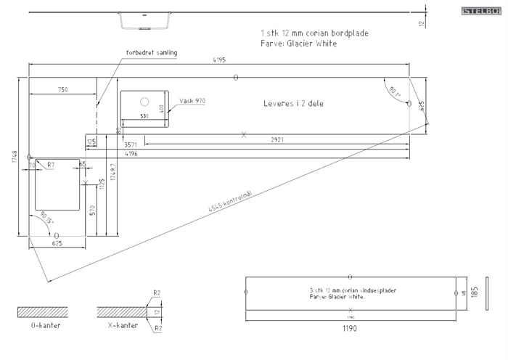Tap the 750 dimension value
click(x=62, y=89)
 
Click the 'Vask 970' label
click(x=192, y=101)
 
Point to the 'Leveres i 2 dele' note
click(x=293, y=104)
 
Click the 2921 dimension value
click(x=277, y=138)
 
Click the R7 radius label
click(x=51, y=165)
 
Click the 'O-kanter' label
click(x=45, y=326)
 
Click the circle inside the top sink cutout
click(x=144, y=102)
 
